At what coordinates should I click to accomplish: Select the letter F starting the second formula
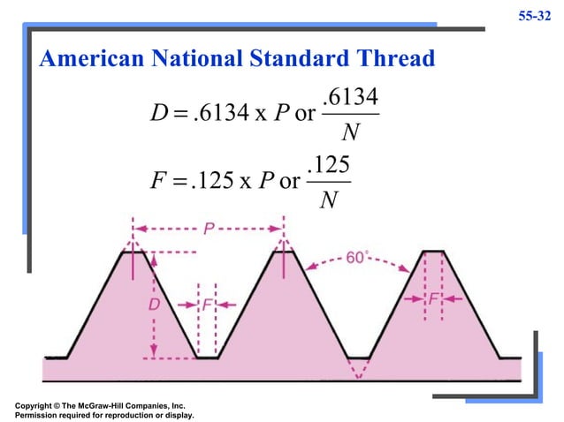[x=161, y=183]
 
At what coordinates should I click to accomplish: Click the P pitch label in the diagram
[x=209, y=230]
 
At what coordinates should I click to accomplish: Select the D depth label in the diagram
[x=152, y=304]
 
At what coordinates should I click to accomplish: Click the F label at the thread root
[x=206, y=304]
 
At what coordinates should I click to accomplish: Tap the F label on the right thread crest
[x=433, y=300]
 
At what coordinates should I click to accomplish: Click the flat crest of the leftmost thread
[x=133, y=252]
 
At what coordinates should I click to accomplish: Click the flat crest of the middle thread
[x=282, y=252]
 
